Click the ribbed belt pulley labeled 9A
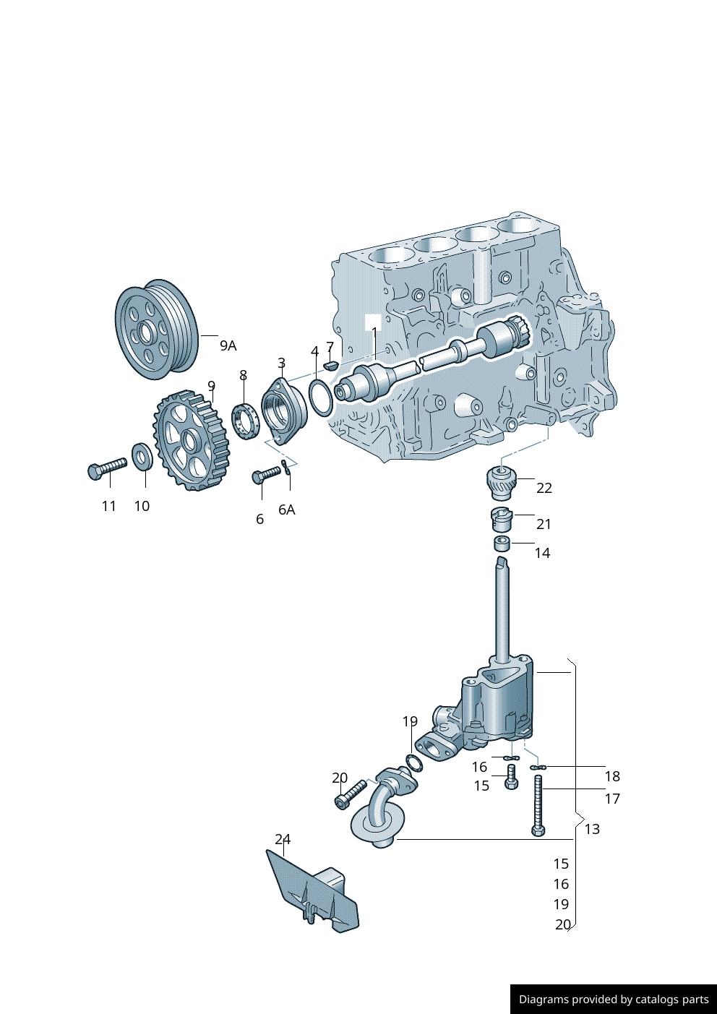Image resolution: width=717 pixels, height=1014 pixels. [x=156, y=329]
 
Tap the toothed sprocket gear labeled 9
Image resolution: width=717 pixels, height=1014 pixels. [x=191, y=440]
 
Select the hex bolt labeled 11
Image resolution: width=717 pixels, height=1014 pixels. [x=106, y=468]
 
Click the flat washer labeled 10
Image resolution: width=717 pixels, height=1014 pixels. [x=142, y=456]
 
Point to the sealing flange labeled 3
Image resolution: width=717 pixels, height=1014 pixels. [x=283, y=410]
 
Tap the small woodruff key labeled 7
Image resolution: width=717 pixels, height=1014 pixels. [x=330, y=364]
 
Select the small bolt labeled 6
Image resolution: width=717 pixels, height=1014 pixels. [x=265, y=474]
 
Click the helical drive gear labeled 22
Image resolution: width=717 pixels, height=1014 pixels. [x=500, y=482]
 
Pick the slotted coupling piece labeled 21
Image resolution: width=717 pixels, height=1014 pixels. [x=502, y=518]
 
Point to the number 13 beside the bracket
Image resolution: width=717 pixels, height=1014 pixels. [x=592, y=829]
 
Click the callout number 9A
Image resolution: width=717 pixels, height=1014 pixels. [x=228, y=345]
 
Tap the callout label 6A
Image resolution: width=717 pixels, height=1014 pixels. [x=287, y=510]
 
